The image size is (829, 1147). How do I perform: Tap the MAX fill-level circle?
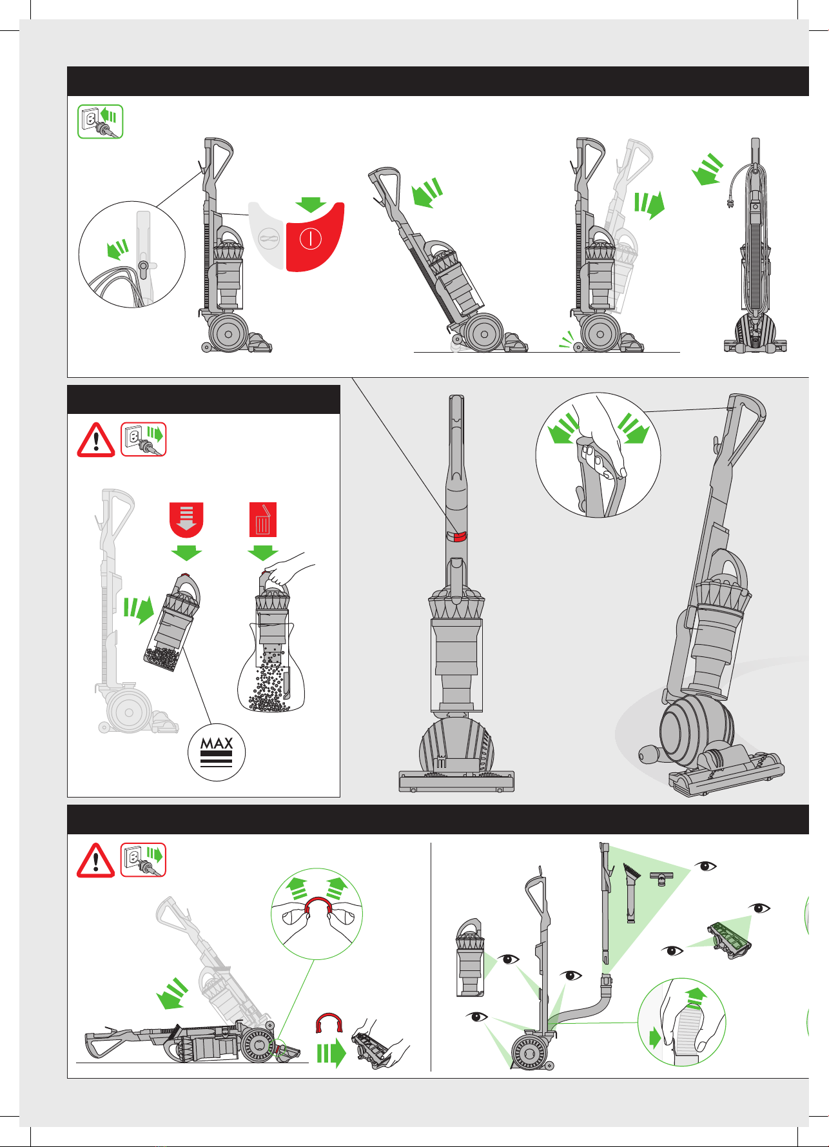[217, 752]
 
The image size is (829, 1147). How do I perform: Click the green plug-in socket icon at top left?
[101, 121]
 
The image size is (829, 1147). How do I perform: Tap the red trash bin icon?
[263, 520]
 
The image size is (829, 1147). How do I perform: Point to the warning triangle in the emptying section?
[96, 440]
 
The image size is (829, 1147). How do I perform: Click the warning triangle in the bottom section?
[96, 860]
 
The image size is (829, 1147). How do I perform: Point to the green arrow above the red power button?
[311, 204]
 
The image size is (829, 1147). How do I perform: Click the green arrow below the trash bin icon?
[263, 553]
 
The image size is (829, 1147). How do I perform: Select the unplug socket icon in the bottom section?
[143, 860]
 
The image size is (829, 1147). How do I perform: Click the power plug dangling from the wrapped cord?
[728, 199]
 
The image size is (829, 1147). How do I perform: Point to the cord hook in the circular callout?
[143, 267]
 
